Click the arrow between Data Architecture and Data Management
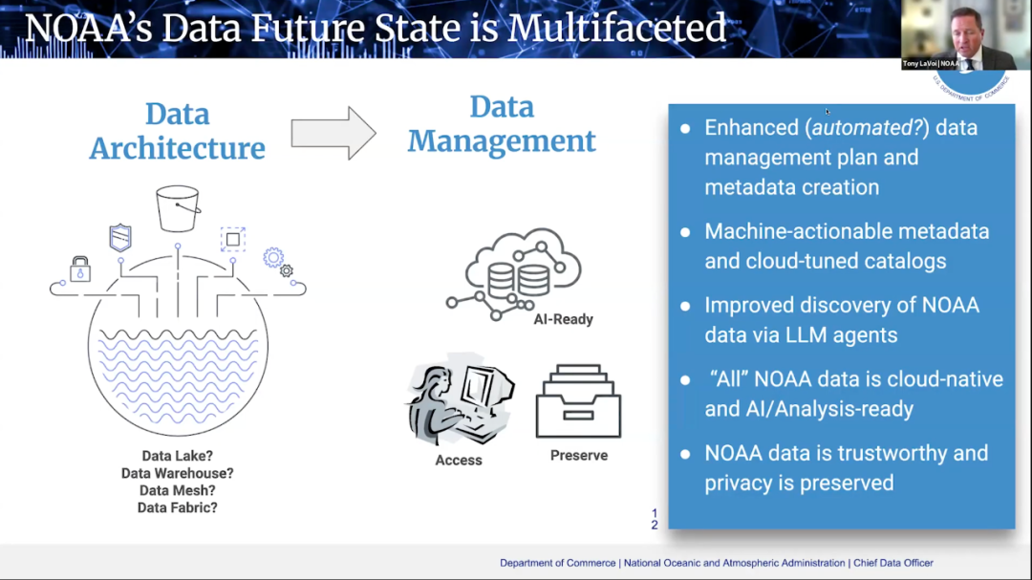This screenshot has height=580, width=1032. coord(333,133)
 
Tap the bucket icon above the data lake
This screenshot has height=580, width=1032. coord(178,208)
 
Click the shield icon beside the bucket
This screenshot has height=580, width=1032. coord(120,238)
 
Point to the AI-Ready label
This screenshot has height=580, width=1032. coord(563,319)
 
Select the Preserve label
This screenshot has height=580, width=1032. coord(578,456)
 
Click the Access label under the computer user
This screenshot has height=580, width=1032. coord(459,461)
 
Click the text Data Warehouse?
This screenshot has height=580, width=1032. coord(178,473)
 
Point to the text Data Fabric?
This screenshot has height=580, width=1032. coord(178,507)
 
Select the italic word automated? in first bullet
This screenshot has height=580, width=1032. coord(870,128)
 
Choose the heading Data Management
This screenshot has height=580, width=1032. coord(502,124)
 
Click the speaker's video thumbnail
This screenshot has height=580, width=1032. coord(965,35)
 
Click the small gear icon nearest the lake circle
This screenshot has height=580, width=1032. coord(286,270)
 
